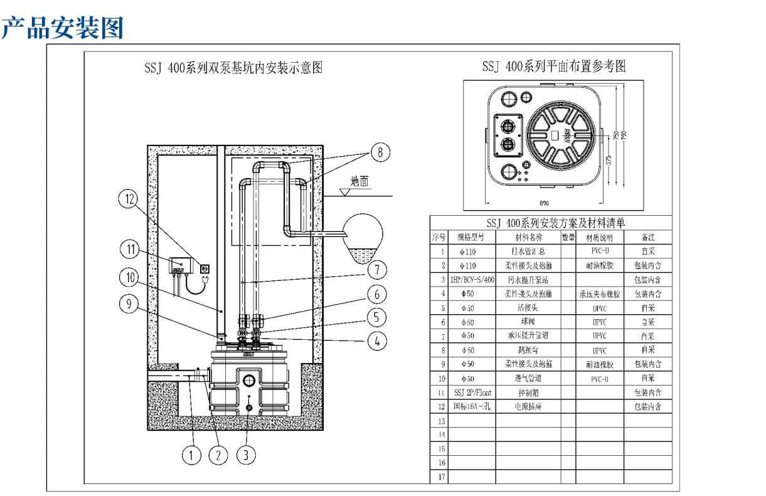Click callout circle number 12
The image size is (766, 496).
click(x=130, y=200)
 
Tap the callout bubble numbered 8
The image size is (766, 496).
click(x=380, y=151)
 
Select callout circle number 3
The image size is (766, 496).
click(x=246, y=455)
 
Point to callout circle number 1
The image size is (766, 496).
click(x=191, y=455)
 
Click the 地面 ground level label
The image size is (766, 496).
click(x=359, y=182)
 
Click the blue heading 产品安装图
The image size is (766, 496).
click(x=62, y=28)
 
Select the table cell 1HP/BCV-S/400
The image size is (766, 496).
click(x=472, y=280)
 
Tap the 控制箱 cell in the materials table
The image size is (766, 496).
click(x=528, y=393)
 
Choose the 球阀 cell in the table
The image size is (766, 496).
click(x=528, y=322)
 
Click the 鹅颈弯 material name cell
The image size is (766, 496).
click(x=528, y=350)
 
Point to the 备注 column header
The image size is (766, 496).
click(x=648, y=238)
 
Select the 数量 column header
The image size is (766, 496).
click(x=568, y=238)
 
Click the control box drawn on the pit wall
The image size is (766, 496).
click(x=182, y=264)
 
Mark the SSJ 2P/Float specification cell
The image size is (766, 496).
click(x=472, y=393)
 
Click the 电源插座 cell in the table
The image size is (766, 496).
click(x=528, y=406)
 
